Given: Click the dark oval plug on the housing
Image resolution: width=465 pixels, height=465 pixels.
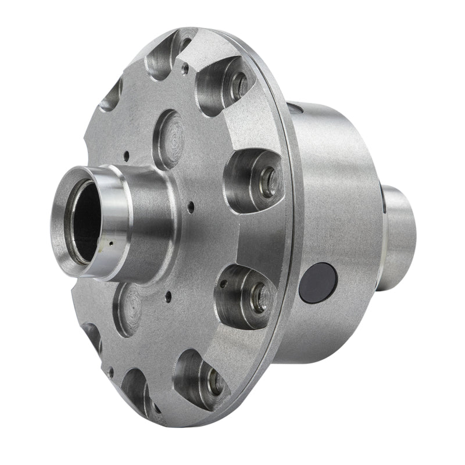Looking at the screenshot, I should [x=318, y=282].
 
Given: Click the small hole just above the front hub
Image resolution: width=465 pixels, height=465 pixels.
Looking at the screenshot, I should [x=126, y=155].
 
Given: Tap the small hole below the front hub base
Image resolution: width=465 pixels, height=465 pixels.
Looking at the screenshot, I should [x=168, y=295].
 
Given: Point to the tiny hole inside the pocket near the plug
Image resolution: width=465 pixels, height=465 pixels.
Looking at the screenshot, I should [x=223, y=284].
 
